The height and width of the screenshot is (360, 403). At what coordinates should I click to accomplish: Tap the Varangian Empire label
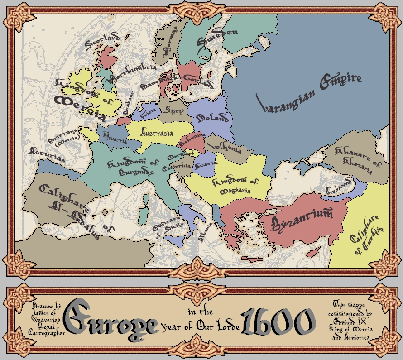click(x=309, y=91)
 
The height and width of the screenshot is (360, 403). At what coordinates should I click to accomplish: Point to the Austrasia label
click(x=157, y=134)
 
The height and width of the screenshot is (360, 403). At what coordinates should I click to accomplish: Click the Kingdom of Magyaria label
click(x=235, y=186)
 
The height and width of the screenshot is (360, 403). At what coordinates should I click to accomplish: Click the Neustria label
click(x=115, y=137)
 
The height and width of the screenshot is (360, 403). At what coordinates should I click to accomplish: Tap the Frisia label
click(x=147, y=110)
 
